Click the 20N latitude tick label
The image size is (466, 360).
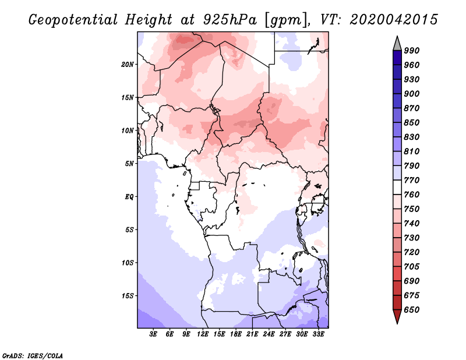point(128,64)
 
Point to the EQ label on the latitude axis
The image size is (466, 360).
point(129,196)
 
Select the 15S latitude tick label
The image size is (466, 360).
point(128,295)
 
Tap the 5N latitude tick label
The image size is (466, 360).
point(129,163)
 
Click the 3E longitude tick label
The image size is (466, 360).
point(153,334)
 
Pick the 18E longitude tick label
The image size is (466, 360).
point(236,334)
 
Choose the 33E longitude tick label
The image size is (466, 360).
point(318,334)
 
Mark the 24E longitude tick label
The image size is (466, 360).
point(269,334)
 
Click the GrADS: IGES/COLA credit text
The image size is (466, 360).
point(26,355)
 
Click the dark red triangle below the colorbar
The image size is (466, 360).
point(397,316)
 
